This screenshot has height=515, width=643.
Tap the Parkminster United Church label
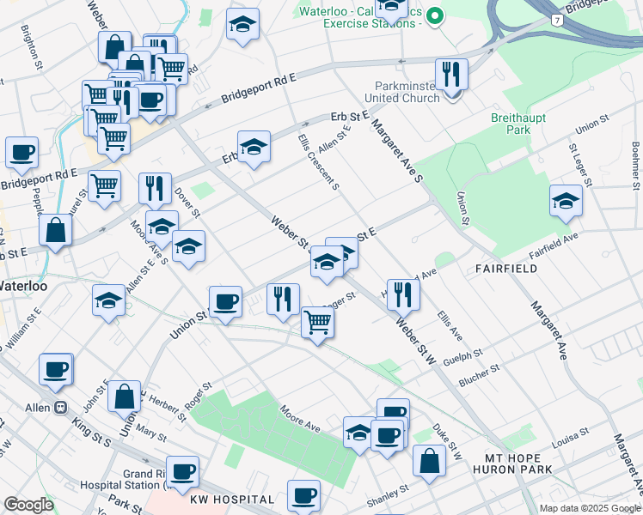pyautogui.click(x=407, y=92)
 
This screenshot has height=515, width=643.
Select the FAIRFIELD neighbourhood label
pyautogui.click(x=507, y=269)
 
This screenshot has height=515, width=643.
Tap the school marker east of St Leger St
pyautogui.click(x=566, y=202)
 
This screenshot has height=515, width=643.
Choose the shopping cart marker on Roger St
pyautogui.click(x=318, y=323)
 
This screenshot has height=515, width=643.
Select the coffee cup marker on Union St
pyautogui.click(x=225, y=302)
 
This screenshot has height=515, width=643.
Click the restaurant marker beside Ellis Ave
pyautogui.click(x=402, y=294)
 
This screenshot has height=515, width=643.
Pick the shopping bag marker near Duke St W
pyautogui.click(x=429, y=460)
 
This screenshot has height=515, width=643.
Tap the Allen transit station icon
pyautogui.click(x=61, y=408)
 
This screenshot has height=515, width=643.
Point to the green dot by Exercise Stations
pyautogui.click(x=435, y=15)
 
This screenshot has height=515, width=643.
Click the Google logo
pyautogui.click(x=28, y=505)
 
